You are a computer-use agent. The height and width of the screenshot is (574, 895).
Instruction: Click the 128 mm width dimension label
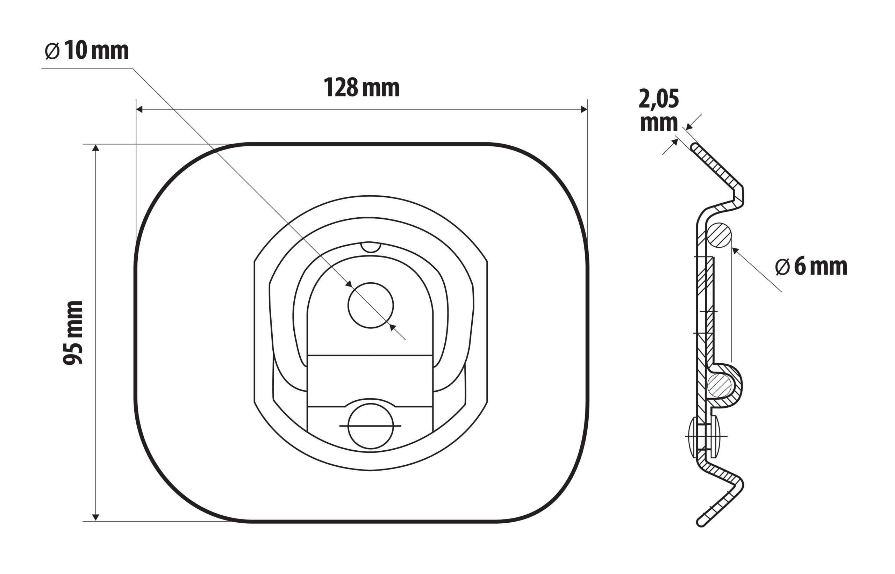click(x=361, y=88)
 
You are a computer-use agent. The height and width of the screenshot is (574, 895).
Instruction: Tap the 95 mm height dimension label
click(x=73, y=333)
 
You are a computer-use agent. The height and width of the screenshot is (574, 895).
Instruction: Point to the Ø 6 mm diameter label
click(x=811, y=267)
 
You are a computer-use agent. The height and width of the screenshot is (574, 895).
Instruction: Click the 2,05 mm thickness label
click(x=659, y=110)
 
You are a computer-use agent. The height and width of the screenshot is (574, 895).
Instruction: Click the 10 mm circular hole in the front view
click(x=370, y=306)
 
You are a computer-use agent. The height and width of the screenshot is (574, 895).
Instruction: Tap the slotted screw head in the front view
click(x=370, y=426)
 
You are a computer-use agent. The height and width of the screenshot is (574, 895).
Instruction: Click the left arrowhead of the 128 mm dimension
click(x=139, y=109)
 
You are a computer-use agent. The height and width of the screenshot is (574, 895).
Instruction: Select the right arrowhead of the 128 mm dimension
click(x=584, y=109)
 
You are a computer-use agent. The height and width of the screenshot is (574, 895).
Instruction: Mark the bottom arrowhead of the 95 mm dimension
click(x=96, y=517)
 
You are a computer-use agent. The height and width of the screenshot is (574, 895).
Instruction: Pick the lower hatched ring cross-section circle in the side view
click(x=719, y=385)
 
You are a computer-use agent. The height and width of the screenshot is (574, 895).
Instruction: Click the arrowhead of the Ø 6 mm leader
click(x=735, y=250)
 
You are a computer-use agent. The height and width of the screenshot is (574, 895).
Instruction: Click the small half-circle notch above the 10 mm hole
click(x=370, y=247)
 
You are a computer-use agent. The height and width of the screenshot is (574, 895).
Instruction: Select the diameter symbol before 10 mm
click(x=52, y=51)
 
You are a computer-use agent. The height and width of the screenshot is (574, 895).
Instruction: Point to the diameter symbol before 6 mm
click(x=782, y=267)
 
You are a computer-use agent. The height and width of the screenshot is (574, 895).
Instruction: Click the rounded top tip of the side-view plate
click(x=694, y=146)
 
